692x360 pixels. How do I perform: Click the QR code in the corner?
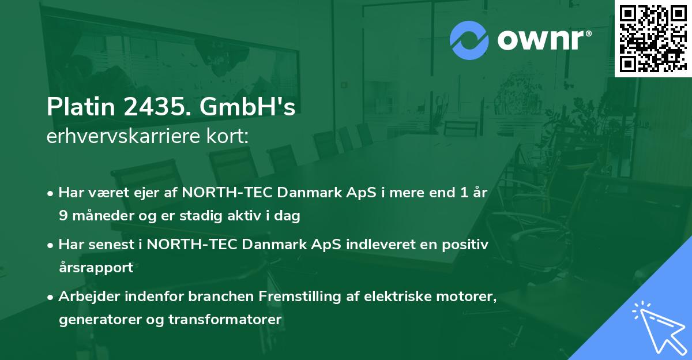pyautogui.click(x=653, y=39)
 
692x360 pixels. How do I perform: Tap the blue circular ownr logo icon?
pyautogui.click(x=469, y=40)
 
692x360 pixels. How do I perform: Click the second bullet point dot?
pyautogui.click(x=51, y=245)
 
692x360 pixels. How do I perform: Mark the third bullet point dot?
pyautogui.click(x=51, y=298)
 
